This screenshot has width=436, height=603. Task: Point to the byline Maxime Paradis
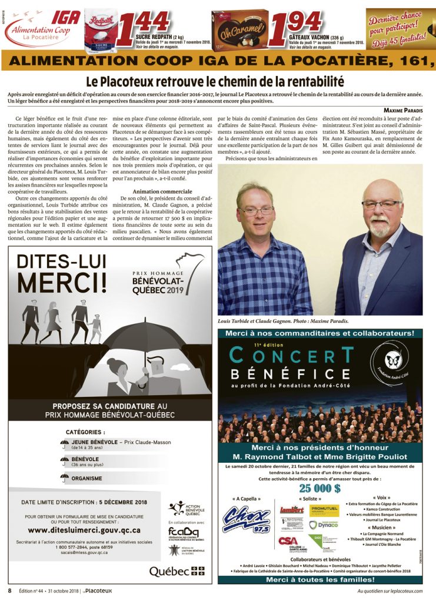pos(403,111)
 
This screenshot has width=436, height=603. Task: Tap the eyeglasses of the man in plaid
pos(257,210)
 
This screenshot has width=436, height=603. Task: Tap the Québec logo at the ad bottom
pos(177,571)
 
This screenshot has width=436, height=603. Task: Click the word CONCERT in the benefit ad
pos(292,355)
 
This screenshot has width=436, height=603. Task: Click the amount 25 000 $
pos(319,488)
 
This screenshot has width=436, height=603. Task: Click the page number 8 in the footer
pos(9,591)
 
